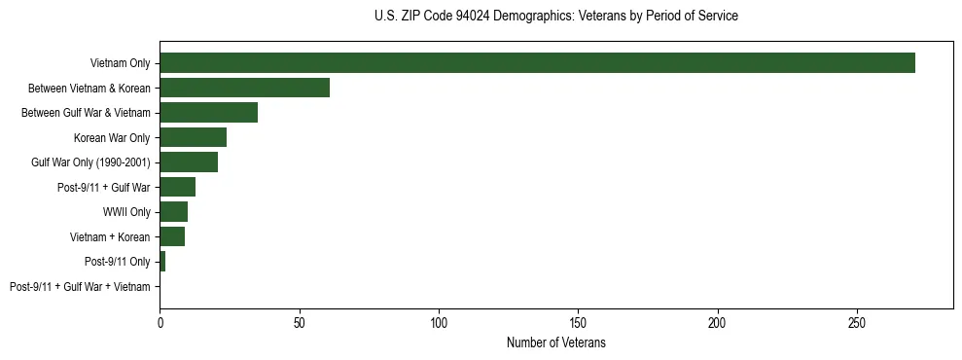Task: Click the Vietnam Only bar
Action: tap(537, 63)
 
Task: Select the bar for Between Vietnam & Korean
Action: tap(244, 88)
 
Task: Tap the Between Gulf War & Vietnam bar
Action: tap(208, 113)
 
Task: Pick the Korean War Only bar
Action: tap(193, 137)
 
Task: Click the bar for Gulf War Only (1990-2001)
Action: tap(189, 162)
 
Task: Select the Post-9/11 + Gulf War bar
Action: tap(177, 187)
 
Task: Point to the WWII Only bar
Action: tap(173, 212)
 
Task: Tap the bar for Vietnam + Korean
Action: tap(172, 236)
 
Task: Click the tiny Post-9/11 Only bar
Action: tap(162, 262)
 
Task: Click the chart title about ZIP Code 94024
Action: tap(555, 17)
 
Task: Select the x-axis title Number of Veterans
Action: tap(555, 342)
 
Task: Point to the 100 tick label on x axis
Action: tap(439, 322)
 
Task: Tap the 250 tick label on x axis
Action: tap(857, 322)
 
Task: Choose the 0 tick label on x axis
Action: tap(160, 322)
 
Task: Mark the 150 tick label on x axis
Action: tap(578, 322)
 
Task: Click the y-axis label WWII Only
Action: tap(126, 212)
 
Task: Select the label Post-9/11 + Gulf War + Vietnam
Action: tap(80, 287)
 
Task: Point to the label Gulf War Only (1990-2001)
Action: tap(90, 162)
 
